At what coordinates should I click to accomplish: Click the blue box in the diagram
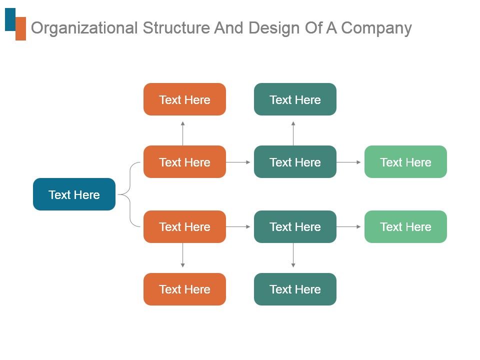pos(74,194)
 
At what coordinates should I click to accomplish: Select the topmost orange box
pos(184,99)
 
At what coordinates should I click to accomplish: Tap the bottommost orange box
pos(184,289)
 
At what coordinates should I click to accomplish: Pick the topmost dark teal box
pos(295,99)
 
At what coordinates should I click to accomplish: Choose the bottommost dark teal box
pos(295,289)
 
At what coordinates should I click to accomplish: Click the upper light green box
pos(405,161)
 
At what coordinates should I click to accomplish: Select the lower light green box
pos(405,226)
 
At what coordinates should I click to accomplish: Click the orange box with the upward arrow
pos(184,161)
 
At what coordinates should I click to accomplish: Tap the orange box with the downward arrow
pos(184,226)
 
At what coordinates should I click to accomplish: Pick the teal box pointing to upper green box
pos(295,161)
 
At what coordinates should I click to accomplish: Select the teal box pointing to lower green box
pos(295,226)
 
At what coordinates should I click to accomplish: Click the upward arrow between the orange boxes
pos(183,132)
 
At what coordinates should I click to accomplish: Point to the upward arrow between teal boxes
pos(293,132)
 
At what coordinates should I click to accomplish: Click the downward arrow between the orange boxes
pos(183,255)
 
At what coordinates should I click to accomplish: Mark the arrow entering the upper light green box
pos(349,162)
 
